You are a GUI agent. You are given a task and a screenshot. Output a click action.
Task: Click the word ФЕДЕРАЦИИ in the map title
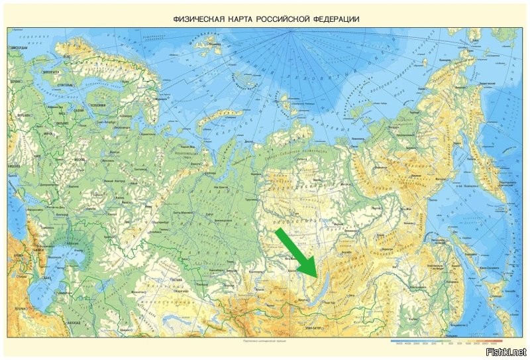coord(334,19)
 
